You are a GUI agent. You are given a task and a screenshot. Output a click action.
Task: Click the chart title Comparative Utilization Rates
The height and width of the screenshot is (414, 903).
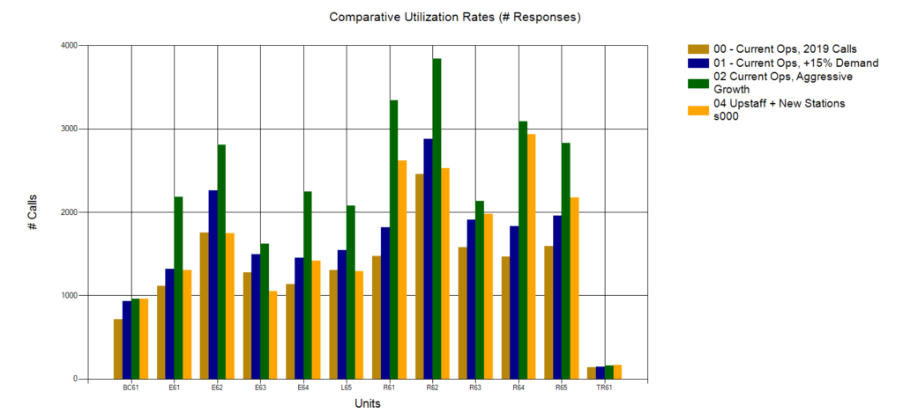click(455, 17)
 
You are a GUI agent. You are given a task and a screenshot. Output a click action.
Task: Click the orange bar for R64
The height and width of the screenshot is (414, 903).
click(532, 256)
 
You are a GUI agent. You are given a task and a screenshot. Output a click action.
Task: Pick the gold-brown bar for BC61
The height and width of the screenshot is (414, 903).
click(118, 349)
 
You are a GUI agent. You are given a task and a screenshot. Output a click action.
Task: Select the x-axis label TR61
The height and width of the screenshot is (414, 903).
click(605, 388)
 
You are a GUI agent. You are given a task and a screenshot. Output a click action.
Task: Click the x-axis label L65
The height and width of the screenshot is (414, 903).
click(347, 388)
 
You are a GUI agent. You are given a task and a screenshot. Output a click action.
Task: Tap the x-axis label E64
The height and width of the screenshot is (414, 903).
click(303, 388)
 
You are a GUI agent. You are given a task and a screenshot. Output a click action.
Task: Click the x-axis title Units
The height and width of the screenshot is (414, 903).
click(368, 403)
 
